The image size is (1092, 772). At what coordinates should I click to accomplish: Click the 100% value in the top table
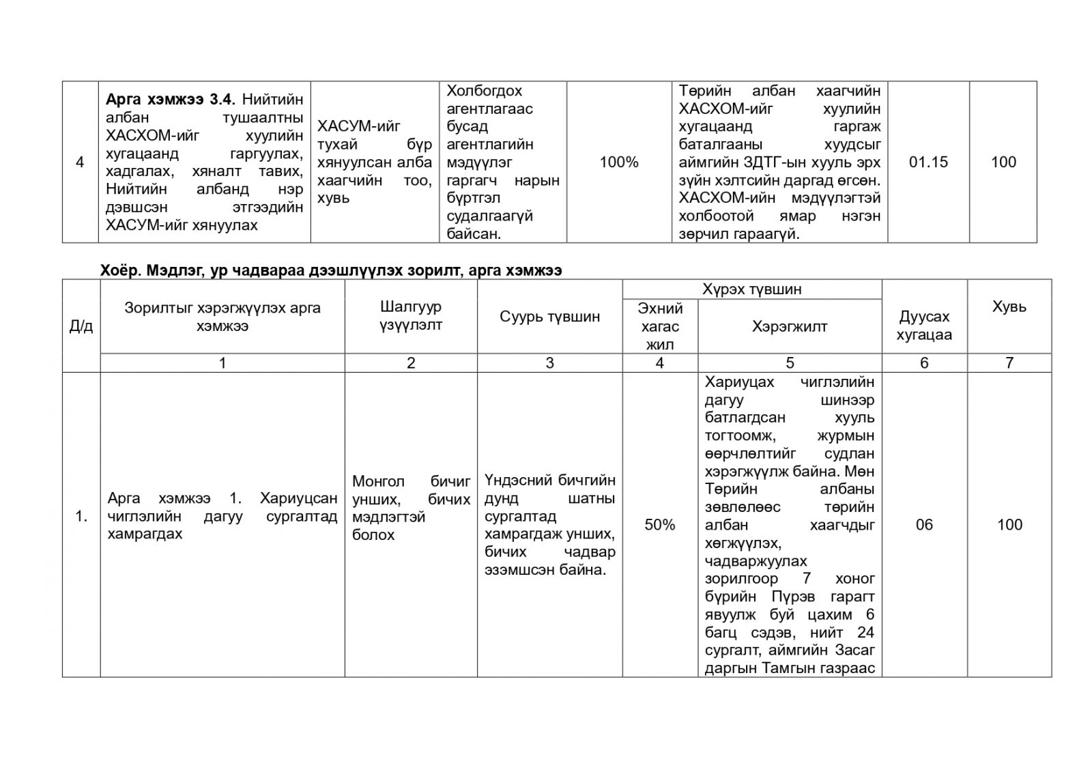pyautogui.click(x=618, y=162)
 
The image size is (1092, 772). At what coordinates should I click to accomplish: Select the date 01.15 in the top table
pyautogui.click(x=928, y=162)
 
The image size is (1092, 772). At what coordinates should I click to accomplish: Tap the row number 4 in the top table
pyautogui.click(x=80, y=162)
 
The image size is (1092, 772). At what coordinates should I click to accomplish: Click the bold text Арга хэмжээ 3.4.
pyautogui.click(x=171, y=100)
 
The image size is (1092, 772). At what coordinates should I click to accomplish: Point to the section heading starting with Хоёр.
pyautogui.click(x=331, y=271)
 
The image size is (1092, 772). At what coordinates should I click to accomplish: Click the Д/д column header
pyautogui.click(x=81, y=326)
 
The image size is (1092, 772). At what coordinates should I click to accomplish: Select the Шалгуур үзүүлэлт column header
pyautogui.click(x=411, y=316)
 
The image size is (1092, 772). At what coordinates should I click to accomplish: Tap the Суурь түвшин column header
pyautogui.click(x=549, y=317)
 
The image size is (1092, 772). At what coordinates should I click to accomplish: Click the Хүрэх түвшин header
pyautogui.click(x=751, y=289)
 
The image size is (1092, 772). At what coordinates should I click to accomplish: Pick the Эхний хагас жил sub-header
pyautogui.click(x=659, y=326)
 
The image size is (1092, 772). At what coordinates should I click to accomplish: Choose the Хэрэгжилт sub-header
pyautogui.click(x=790, y=326)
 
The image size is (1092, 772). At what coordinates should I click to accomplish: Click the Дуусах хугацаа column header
pyautogui.click(x=924, y=326)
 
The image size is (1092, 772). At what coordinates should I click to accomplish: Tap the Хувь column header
pyautogui.click(x=1009, y=307)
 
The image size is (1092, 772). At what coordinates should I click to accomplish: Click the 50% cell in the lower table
pyautogui.click(x=659, y=525)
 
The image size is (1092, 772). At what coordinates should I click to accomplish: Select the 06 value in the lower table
pyautogui.click(x=924, y=525)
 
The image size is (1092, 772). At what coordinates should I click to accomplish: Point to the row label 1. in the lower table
pyautogui.click(x=81, y=517)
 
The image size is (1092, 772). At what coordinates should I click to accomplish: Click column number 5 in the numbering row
pyautogui.click(x=790, y=363)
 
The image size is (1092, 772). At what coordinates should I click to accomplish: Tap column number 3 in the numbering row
pyautogui.click(x=549, y=363)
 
